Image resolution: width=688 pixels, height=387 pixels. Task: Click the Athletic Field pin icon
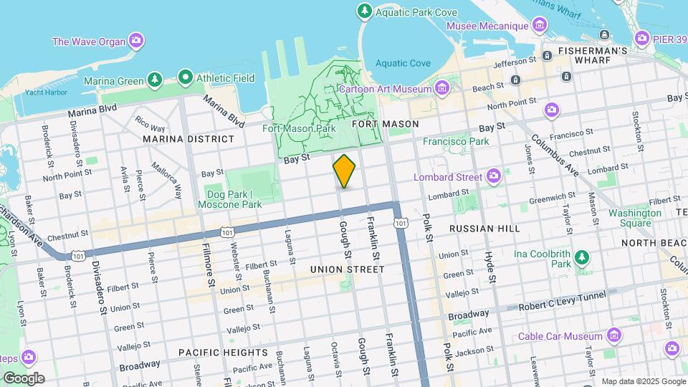click(186, 76)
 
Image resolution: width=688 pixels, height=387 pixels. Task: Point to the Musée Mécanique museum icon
click(539, 27)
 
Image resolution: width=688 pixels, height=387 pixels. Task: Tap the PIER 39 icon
click(641, 37)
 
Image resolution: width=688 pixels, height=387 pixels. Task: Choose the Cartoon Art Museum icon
click(442, 89)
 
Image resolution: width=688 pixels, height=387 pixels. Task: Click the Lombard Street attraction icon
click(494, 176)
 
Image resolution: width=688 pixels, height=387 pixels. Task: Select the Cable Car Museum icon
click(613, 335)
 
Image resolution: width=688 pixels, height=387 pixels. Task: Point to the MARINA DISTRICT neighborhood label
click(188, 138)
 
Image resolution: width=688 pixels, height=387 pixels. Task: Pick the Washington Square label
click(635, 218)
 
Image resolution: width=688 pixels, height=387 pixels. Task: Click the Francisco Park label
click(455, 141)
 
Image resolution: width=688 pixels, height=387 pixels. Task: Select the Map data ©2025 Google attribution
click(642, 381)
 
